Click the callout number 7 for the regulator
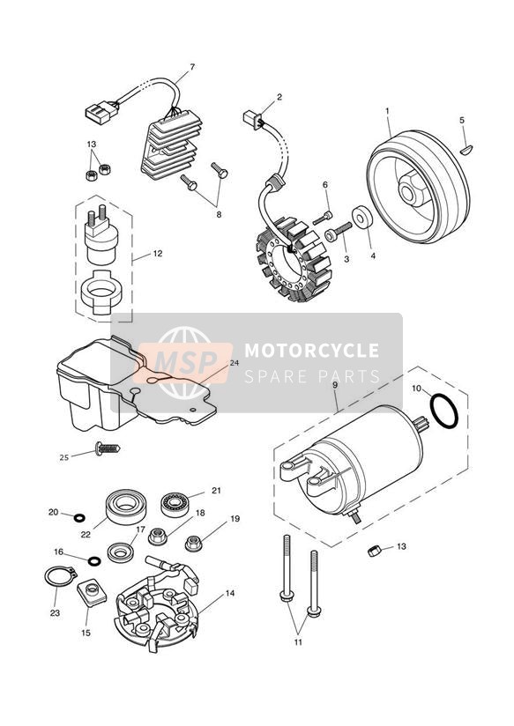(x=192, y=67)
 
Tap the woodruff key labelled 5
(x=466, y=150)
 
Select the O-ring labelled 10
(x=444, y=411)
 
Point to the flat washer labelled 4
(x=362, y=218)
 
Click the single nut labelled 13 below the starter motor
(x=375, y=551)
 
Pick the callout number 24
(x=235, y=363)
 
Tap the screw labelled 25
(x=108, y=448)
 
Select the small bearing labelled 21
(x=175, y=505)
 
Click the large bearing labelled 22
(x=126, y=507)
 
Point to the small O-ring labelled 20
(x=79, y=516)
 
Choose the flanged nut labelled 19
(x=194, y=543)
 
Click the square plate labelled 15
(x=92, y=592)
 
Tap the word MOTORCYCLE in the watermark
(x=311, y=350)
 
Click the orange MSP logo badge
(x=185, y=362)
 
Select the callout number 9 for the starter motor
(x=335, y=385)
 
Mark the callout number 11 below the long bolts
(x=298, y=642)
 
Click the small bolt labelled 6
(x=323, y=219)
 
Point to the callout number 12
(x=158, y=254)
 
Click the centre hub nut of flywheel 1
(x=410, y=190)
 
